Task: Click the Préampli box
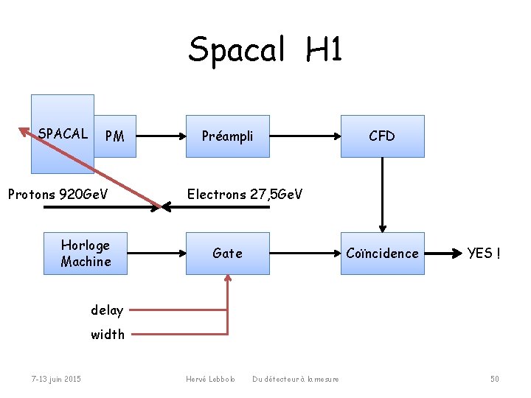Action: (227, 136)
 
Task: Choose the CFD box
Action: (382, 136)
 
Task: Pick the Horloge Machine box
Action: (86, 254)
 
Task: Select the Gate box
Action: (227, 254)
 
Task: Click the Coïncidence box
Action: (382, 254)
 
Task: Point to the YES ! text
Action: (484, 254)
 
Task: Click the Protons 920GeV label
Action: (58, 195)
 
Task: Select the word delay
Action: (107, 310)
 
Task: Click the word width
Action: (108, 335)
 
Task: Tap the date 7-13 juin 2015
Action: (56, 379)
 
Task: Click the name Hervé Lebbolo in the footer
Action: (211, 379)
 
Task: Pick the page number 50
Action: (495, 379)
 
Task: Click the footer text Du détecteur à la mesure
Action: (296, 379)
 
